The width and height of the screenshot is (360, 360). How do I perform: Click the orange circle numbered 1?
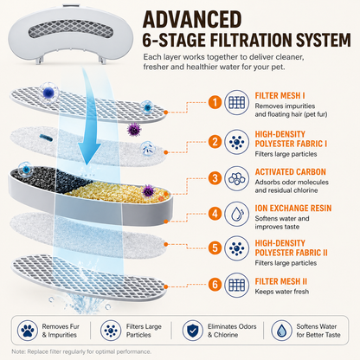click(x=215, y=102)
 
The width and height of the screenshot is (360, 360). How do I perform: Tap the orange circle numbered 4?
click(x=215, y=214)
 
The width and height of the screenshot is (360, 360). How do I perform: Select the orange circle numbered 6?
click(x=215, y=285)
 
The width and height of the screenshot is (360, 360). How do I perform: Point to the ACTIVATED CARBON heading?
click(x=290, y=171)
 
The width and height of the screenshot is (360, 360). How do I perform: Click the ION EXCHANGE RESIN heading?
click(x=293, y=208)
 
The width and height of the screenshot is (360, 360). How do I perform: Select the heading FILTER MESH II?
click(x=281, y=281)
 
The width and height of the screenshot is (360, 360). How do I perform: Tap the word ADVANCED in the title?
click(x=192, y=20)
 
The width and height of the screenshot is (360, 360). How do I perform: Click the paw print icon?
click(x=28, y=331)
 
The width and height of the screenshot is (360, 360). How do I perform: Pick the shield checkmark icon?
click(x=193, y=331)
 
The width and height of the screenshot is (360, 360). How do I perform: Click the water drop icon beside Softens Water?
click(x=281, y=331)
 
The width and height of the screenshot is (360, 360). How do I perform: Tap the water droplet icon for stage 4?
click(x=237, y=214)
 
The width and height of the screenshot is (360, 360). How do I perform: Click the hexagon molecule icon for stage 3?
click(x=237, y=178)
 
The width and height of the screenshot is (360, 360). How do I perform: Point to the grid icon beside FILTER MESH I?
click(x=237, y=102)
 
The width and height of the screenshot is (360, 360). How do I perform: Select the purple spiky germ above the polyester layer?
click(x=134, y=130)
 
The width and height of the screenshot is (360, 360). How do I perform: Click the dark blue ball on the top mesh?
click(x=48, y=93)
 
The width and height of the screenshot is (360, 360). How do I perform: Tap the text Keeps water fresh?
click(x=282, y=292)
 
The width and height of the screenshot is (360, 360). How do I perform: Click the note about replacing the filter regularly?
click(x=81, y=351)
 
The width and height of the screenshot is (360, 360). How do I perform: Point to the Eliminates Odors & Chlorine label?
click(x=232, y=331)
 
